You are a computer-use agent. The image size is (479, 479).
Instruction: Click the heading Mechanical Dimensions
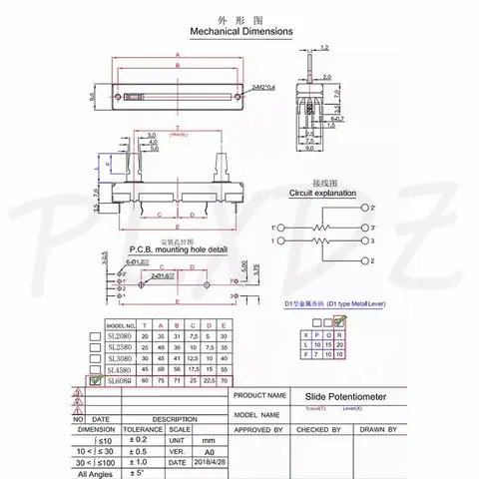tap(239, 31)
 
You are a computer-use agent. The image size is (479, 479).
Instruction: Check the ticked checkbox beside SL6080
tap(95, 381)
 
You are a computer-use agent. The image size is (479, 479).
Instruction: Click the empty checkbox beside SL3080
tap(95, 358)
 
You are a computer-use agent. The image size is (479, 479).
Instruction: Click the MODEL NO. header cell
tap(121, 326)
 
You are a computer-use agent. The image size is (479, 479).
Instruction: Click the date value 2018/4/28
tap(205, 462)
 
